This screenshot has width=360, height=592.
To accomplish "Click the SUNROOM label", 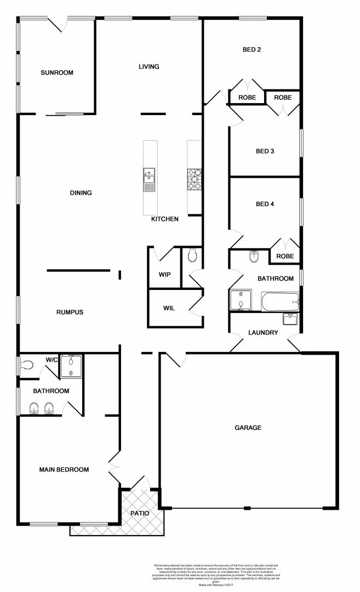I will (x=56, y=72).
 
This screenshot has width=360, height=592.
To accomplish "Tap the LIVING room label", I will (x=148, y=67).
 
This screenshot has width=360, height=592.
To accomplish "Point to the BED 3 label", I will (x=265, y=151).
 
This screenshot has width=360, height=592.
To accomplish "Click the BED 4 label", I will (x=265, y=204).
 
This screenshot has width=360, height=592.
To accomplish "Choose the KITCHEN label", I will (x=165, y=219).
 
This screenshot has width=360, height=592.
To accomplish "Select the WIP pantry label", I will (x=165, y=274).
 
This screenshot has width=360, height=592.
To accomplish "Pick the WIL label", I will (x=169, y=308).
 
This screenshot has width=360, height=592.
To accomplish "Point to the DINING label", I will (x=81, y=193).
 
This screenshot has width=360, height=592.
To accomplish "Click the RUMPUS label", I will (x=70, y=312).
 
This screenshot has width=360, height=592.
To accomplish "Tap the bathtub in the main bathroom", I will (x=280, y=301).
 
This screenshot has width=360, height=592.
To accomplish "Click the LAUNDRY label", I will (x=263, y=333).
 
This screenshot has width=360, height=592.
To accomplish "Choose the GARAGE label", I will (x=248, y=428).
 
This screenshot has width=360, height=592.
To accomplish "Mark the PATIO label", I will (x=139, y=514).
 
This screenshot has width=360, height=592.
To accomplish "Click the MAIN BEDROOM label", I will (x=64, y=470).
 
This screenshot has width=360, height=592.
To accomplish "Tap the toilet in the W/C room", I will (x=27, y=364).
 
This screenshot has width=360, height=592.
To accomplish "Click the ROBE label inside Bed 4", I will (x=284, y=256).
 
